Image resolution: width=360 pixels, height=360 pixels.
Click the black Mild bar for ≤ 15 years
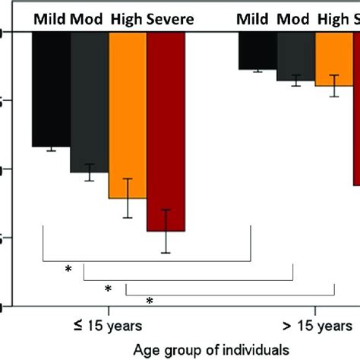[51, 90]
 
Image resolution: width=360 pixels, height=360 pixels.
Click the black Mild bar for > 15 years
[257, 52]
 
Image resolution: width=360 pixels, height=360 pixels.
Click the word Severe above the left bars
[172, 17]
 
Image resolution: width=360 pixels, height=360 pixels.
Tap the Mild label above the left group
[49, 17]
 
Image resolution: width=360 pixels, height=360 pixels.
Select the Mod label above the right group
[296, 17]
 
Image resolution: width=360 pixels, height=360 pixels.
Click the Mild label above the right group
[254, 17]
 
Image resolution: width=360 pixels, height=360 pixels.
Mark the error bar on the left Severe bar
[166, 231]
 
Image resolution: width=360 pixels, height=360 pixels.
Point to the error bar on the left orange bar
[128, 198]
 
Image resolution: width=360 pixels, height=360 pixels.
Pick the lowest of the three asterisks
[150, 301]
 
